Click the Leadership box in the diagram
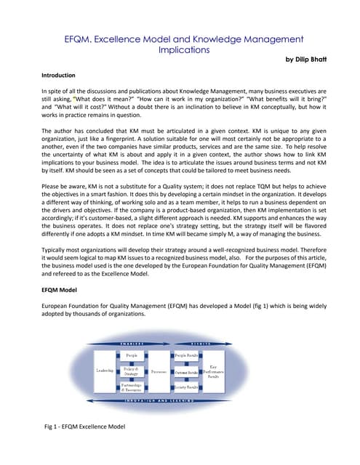coord(105,371)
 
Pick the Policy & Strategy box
coord(131,371)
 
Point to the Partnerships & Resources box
coord(131,387)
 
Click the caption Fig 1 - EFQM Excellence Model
coord(85,426)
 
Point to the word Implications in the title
coord(184,50)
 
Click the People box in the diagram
coord(131,355)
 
